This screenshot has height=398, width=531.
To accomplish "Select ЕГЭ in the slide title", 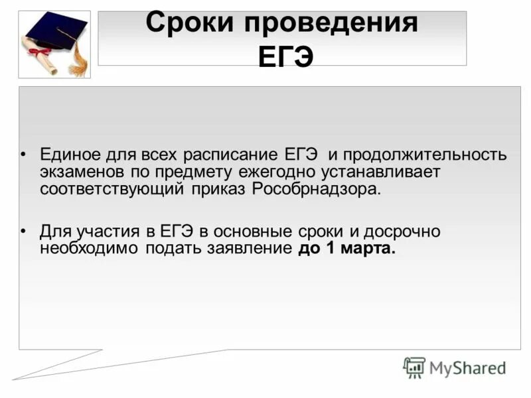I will coord(283,56).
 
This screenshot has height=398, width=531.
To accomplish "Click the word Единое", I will coord(70,155).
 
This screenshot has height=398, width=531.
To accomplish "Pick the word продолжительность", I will coord(425,155).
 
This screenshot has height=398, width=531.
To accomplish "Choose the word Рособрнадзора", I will coord(317,188).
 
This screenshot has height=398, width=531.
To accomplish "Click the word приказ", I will coord(222,188).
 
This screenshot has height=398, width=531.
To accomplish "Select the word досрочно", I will coord(403,232).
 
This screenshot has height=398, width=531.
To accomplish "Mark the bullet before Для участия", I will coord(23,232).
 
